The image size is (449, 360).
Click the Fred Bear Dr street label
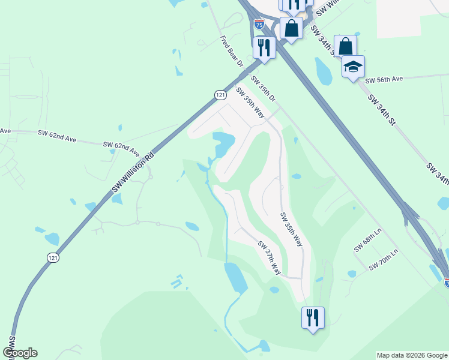[x=232, y=52]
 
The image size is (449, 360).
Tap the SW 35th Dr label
[x=263, y=89]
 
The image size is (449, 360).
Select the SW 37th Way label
[x=270, y=258]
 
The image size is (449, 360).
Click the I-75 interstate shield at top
[x=259, y=24]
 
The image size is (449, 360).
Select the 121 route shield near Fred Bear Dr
[x=220, y=95]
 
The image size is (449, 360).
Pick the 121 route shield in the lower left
[x=53, y=257]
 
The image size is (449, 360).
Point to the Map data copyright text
[x=411, y=355]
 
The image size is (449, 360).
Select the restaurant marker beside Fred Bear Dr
[x=264, y=47]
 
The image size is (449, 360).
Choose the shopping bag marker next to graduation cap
[x=345, y=46]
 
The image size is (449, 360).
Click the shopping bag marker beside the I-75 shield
[x=291, y=28]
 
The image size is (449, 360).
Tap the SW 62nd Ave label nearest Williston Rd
[x=121, y=145]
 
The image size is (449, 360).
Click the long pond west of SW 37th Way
[x=235, y=277]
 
